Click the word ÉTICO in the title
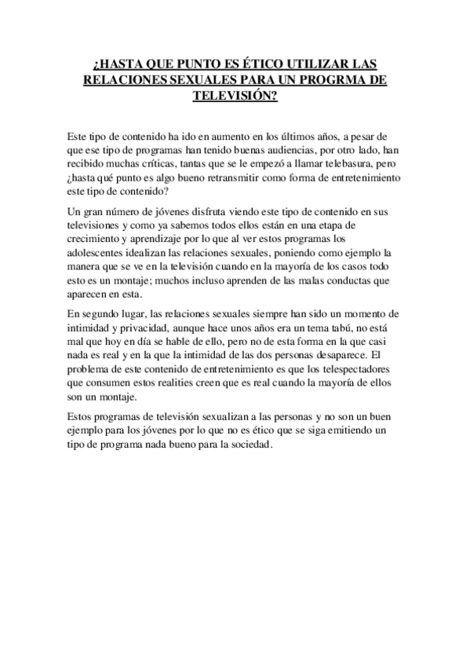[x=238, y=65]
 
